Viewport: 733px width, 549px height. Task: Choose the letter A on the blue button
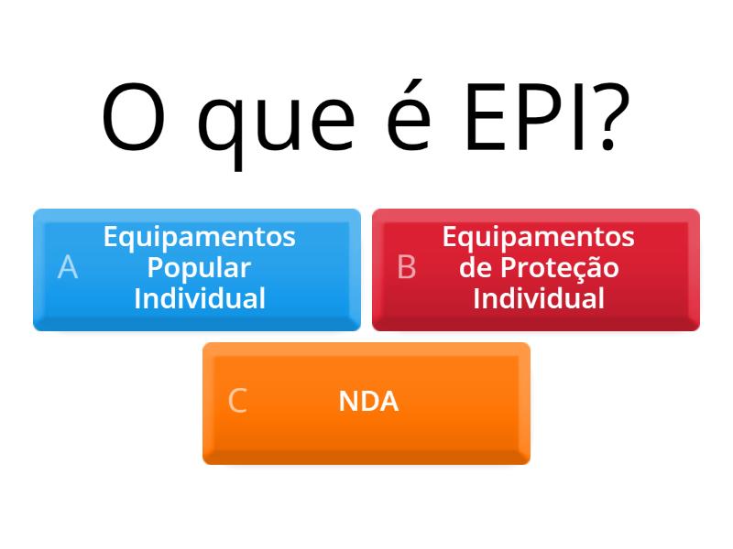click(x=68, y=268)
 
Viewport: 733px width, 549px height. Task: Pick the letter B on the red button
click(x=407, y=268)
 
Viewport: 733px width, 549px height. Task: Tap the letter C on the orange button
click(x=237, y=402)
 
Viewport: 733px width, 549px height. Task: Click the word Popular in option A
click(x=200, y=268)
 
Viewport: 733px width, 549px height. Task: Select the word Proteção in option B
click(x=559, y=268)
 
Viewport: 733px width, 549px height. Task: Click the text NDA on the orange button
click(x=368, y=402)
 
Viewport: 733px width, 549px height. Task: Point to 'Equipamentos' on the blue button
click(x=200, y=237)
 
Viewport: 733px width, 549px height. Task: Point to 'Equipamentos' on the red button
click(x=539, y=237)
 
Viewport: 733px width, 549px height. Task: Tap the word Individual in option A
click(x=200, y=298)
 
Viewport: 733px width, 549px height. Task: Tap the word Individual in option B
click(x=539, y=298)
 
